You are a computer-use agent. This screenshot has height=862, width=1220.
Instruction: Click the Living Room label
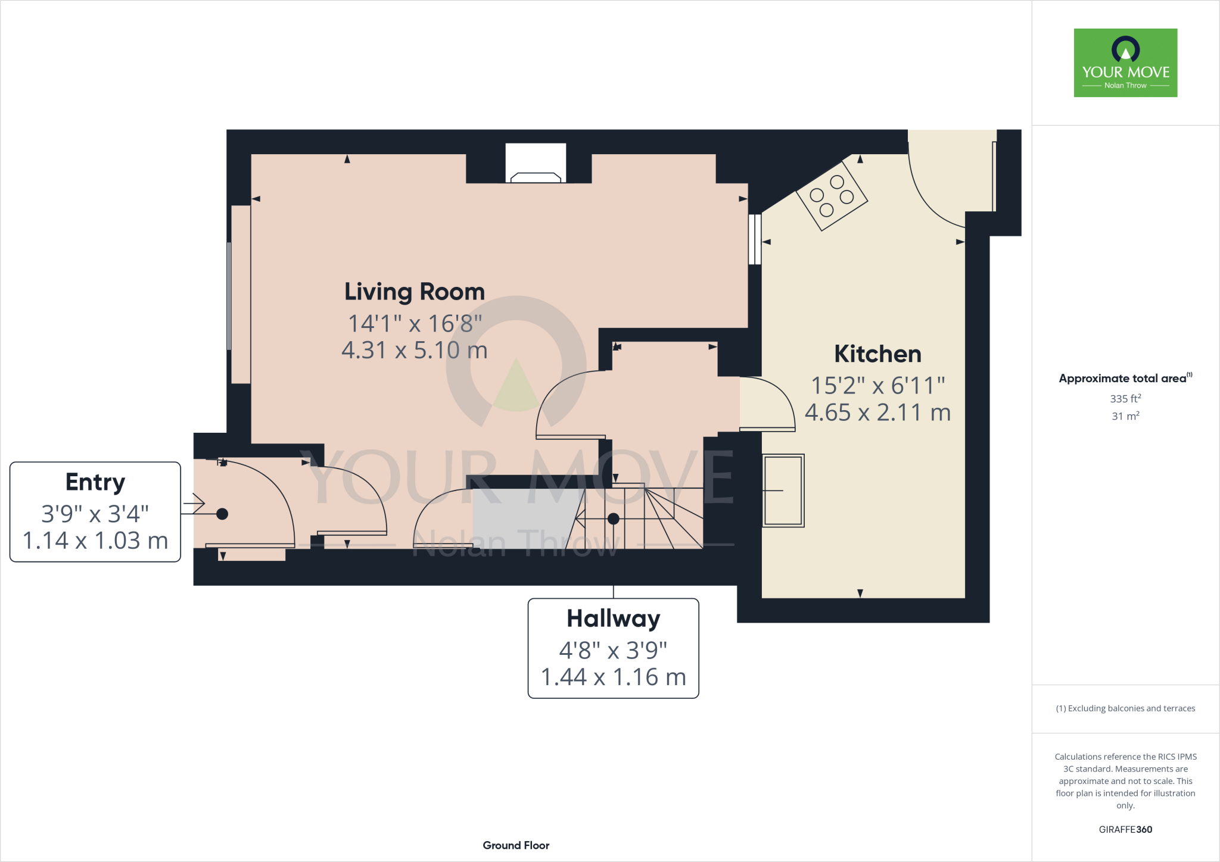pyautogui.click(x=415, y=292)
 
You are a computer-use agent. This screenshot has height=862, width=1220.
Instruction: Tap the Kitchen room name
pyautogui.click(x=877, y=354)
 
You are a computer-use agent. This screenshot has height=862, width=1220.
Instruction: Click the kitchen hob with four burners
pyautogui.click(x=832, y=196)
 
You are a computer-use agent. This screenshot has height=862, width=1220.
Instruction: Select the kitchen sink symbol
pyautogui.click(x=783, y=491)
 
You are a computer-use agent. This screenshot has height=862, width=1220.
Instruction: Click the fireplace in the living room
pyautogui.click(x=536, y=164)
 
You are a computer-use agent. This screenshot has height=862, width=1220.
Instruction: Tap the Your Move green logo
pyautogui.click(x=1125, y=63)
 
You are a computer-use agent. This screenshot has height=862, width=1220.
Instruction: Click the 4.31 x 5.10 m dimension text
pyautogui.click(x=415, y=350)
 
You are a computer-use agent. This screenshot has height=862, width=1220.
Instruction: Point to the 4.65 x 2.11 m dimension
pyautogui.click(x=877, y=413)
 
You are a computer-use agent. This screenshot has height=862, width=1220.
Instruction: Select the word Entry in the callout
pyautogui.click(x=95, y=482)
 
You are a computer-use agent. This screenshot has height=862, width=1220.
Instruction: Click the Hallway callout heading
pyautogui.click(x=614, y=619)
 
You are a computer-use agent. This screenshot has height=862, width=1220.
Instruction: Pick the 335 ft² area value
pyautogui.click(x=1125, y=398)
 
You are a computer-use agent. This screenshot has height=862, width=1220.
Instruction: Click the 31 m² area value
pyautogui.click(x=1125, y=416)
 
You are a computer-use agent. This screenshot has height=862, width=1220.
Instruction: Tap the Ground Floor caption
pyautogui.click(x=516, y=845)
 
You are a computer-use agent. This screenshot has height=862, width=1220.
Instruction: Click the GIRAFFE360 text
pyautogui.click(x=1125, y=829)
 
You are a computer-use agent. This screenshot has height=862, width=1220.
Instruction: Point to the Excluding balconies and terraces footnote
pyautogui.click(x=1125, y=708)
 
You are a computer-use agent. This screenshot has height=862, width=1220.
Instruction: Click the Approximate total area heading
pyautogui.click(x=1123, y=379)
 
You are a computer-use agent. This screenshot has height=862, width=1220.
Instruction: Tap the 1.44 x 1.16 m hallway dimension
pyautogui.click(x=614, y=677)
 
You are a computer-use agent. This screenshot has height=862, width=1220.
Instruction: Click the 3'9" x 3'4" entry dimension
pyautogui.click(x=95, y=514)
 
